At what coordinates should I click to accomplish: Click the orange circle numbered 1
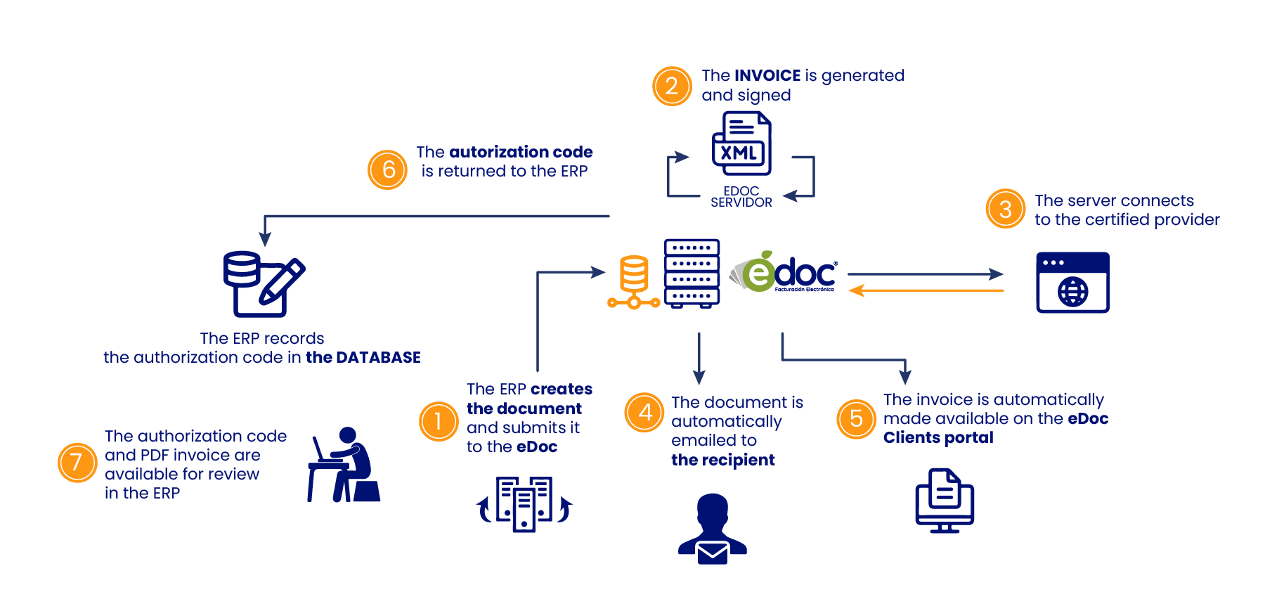coord(439,421)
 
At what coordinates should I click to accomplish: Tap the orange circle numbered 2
coord(672,86)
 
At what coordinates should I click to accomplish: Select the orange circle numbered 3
coord(1005,209)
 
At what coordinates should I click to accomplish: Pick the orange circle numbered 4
coord(644,412)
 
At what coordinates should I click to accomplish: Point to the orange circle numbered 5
coord(856,418)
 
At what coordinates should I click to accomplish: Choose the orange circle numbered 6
coord(387,169)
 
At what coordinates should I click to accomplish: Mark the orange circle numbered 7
coord(77,462)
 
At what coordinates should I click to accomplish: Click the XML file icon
coord(741,144)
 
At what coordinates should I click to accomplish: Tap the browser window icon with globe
coord(1072,283)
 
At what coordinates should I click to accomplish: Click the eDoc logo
coord(784,273)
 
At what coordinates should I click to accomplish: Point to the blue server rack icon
coord(692,274)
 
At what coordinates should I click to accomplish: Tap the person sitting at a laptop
coord(344,465)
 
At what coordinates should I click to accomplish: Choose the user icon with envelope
coord(713,529)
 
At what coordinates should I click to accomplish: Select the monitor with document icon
coord(945,501)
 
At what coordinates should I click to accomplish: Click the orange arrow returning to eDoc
coord(926,290)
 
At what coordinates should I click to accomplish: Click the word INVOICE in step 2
coord(767,75)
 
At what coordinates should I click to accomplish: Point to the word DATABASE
coord(378,357)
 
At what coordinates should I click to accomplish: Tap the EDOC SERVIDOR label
coord(741,197)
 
